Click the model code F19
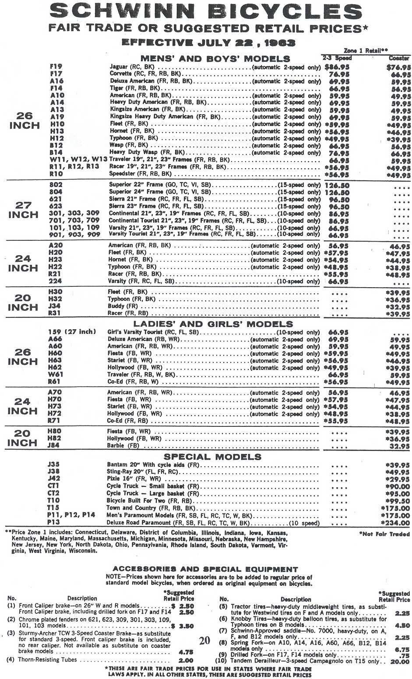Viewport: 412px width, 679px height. pyautogui.click(x=56, y=67)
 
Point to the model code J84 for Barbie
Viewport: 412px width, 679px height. pyautogui.click(x=54, y=446)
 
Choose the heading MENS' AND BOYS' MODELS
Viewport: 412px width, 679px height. pyautogui.click(x=215, y=59)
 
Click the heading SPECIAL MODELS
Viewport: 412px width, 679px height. pyautogui.click(x=212, y=457)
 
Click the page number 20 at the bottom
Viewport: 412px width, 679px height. pyautogui.click(x=204, y=641)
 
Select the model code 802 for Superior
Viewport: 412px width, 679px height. pyautogui.click(x=56, y=185)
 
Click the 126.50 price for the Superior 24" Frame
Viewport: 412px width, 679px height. pyautogui.click(x=337, y=192)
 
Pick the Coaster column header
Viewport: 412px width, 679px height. pyautogui.click(x=399, y=58)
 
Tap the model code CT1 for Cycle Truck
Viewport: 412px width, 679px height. pyautogui.click(x=53, y=486)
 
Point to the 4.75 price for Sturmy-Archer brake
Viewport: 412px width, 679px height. pyautogui.click(x=186, y=651)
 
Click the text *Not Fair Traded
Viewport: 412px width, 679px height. pyautogui.click(x=384, y=534)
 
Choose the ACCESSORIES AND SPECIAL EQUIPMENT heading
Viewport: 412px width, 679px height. pyautogui.click(x=205, y=570)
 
